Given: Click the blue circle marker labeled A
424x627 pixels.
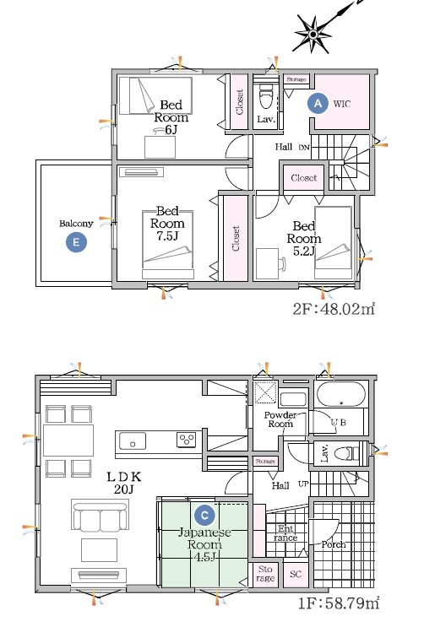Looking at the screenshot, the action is pos(318,104).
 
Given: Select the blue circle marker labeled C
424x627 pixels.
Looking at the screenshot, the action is pos(204,516).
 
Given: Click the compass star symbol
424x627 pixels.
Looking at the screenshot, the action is pos(313,35).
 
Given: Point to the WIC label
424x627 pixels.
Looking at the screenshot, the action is pos(342,104).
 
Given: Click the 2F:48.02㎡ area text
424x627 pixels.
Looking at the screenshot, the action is pos(334,309).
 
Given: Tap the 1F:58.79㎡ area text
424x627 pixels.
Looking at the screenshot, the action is pos(339,603).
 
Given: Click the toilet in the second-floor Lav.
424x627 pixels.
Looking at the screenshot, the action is pos(265,97).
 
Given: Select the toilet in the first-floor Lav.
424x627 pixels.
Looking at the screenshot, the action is pos(347,453).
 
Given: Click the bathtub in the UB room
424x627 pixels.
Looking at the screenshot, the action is pos(340,395).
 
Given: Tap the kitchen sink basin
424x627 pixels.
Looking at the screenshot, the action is pos(132,441).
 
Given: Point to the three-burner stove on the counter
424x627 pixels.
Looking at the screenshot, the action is pos(187,440).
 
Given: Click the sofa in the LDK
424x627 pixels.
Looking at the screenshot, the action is pos(101,516).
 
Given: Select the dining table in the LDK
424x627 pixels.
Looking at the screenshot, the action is pos(68,440).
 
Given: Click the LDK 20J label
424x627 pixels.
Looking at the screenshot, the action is pos(123,483).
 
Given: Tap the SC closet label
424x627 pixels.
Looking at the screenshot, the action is pos(296,575).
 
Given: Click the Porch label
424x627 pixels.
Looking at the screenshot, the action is pos(333,544).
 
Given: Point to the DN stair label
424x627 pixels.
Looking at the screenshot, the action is pos(304,148).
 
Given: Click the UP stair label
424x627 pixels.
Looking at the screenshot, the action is pos(303,484).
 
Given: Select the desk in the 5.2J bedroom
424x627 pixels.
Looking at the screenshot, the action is pos(267,263).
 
